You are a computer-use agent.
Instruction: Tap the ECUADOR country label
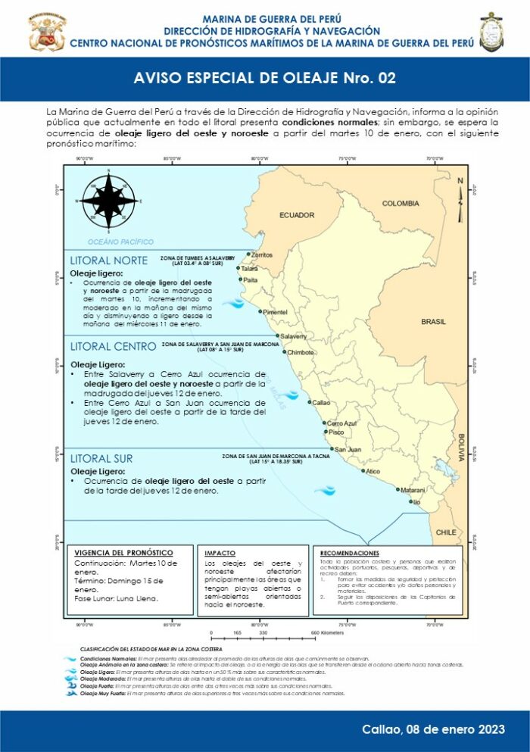(297, 215)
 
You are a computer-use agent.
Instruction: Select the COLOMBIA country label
(401, 203)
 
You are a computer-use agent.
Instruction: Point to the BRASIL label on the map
(433, 321)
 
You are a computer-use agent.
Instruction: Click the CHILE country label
(446, 532)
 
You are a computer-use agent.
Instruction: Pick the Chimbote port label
(301, 352)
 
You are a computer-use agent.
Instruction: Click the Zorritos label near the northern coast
(261, 255)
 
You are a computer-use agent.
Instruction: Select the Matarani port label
(413, 490)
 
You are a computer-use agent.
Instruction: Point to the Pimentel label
(275, 312)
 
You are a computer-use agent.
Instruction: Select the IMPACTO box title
(220, 554)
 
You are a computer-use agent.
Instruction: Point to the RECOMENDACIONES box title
(350, 554)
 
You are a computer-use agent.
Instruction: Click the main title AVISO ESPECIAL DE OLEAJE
(264, 78)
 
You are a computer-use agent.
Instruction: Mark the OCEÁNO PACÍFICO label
(120, 242)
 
